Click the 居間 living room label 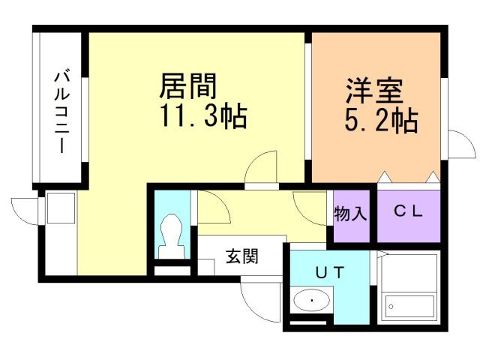pos(188,88)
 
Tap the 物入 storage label pos(350,214)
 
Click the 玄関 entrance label pos(241,257)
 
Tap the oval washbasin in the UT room pos(310,301)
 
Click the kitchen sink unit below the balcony pos(59,209)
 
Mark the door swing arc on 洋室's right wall pos(459,142)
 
